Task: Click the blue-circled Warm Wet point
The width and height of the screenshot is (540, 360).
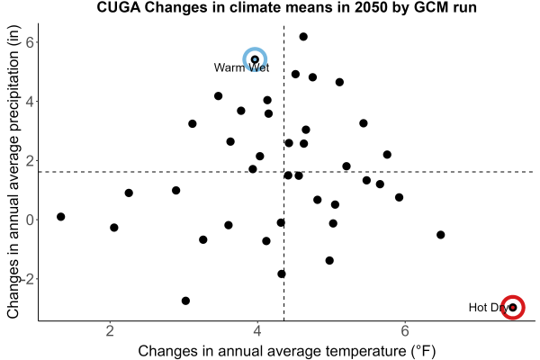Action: click(x=255, y=59)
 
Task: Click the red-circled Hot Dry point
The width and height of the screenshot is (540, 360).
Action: click(x=513, y=307)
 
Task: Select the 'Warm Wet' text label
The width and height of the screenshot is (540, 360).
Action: click(x=241, y=67)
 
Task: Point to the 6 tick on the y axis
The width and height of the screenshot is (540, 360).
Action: click(x=31, y=42)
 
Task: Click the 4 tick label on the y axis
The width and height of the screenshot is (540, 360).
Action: click(x=31, y=102)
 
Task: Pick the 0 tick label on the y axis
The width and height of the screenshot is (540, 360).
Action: click(x=31, y=220)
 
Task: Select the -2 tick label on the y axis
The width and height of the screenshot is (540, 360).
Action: click(x=28, y=279)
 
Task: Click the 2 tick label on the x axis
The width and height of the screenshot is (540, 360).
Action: click(x=110, y=330)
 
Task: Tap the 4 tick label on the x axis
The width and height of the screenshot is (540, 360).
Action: click(x=257, y=330)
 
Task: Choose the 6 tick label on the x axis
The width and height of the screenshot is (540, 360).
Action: click(x=405, y=330)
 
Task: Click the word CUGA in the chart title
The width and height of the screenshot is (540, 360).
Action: click(x=119, y=7)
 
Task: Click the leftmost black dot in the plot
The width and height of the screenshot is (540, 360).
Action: click(x=60, y=217)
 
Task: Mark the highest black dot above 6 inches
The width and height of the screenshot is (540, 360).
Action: click(x=303, y=37)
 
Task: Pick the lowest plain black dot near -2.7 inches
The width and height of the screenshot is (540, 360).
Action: click(x=185, y=301)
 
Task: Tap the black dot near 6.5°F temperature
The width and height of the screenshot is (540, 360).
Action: click(x=440, y=235)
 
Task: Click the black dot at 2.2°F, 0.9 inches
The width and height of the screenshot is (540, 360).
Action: click(x=129, y=193)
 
